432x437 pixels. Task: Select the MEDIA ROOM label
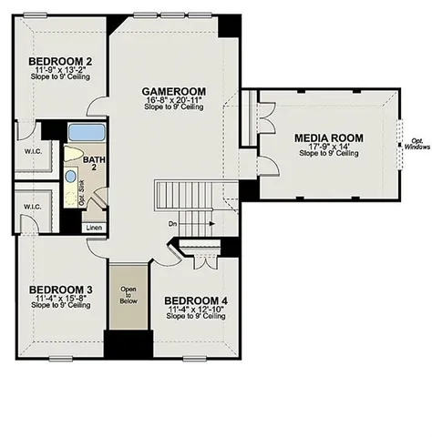[329, 137]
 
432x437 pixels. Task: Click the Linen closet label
[94, 228]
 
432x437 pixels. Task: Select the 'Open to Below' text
[129, 297]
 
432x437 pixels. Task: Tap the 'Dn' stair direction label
[172, 223]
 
